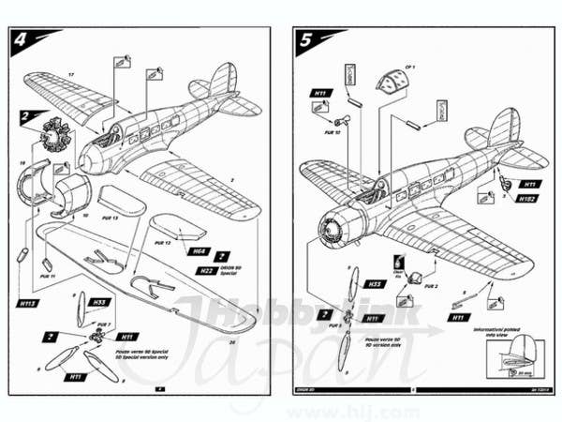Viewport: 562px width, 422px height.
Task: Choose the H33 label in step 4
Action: click(98, 302)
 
